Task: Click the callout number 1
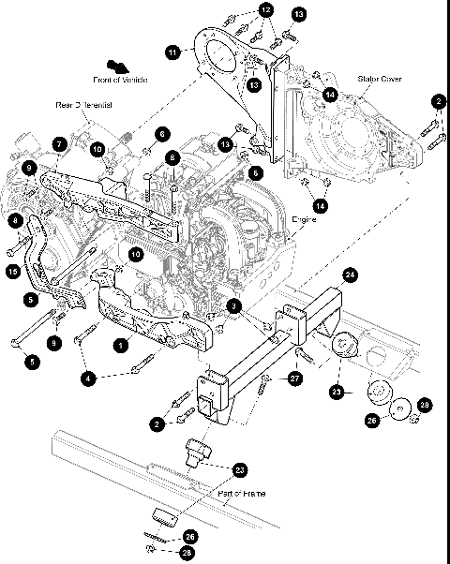click(x=120, y=345)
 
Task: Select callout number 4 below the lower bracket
click(x=89, y=378)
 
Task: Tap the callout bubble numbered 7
click(x=58, y=144)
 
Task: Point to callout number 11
click(x=172, y=53)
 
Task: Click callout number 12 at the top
click(x=266, y=9)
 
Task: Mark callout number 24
click(x=350, y=275)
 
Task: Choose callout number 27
click(x=294, y=378)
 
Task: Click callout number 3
click(x=235, y=305)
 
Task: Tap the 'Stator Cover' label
click(x=378, y=80)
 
